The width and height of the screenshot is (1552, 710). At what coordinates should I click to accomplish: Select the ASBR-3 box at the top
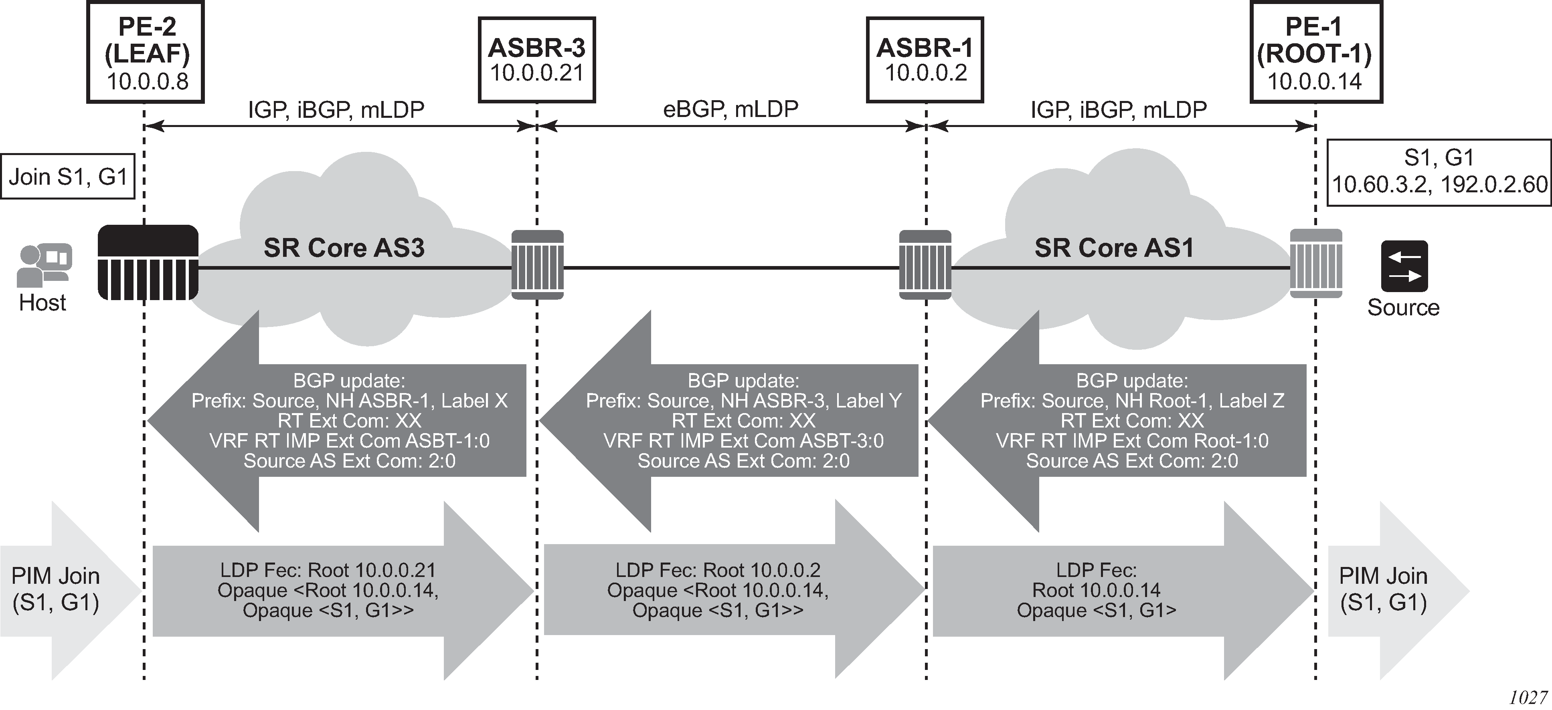(x=537, y=60)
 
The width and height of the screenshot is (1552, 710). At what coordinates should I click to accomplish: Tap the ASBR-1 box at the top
(x=925, y=60)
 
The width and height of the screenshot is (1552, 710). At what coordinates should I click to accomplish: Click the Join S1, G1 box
(x=67, y=176)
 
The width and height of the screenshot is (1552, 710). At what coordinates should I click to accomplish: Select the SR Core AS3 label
(x=344, y=248)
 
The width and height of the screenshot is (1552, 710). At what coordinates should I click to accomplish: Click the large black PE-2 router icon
(x=148, y=262)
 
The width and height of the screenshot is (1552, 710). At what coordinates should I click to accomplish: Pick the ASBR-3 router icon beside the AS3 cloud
(x=537, y=264)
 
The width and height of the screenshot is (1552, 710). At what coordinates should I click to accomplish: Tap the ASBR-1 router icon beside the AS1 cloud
(x=925, y=264)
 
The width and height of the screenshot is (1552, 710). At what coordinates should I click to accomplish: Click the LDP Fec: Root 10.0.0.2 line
(x=718, y=570)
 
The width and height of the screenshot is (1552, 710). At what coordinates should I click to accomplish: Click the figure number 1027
(x=1527, y=697)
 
